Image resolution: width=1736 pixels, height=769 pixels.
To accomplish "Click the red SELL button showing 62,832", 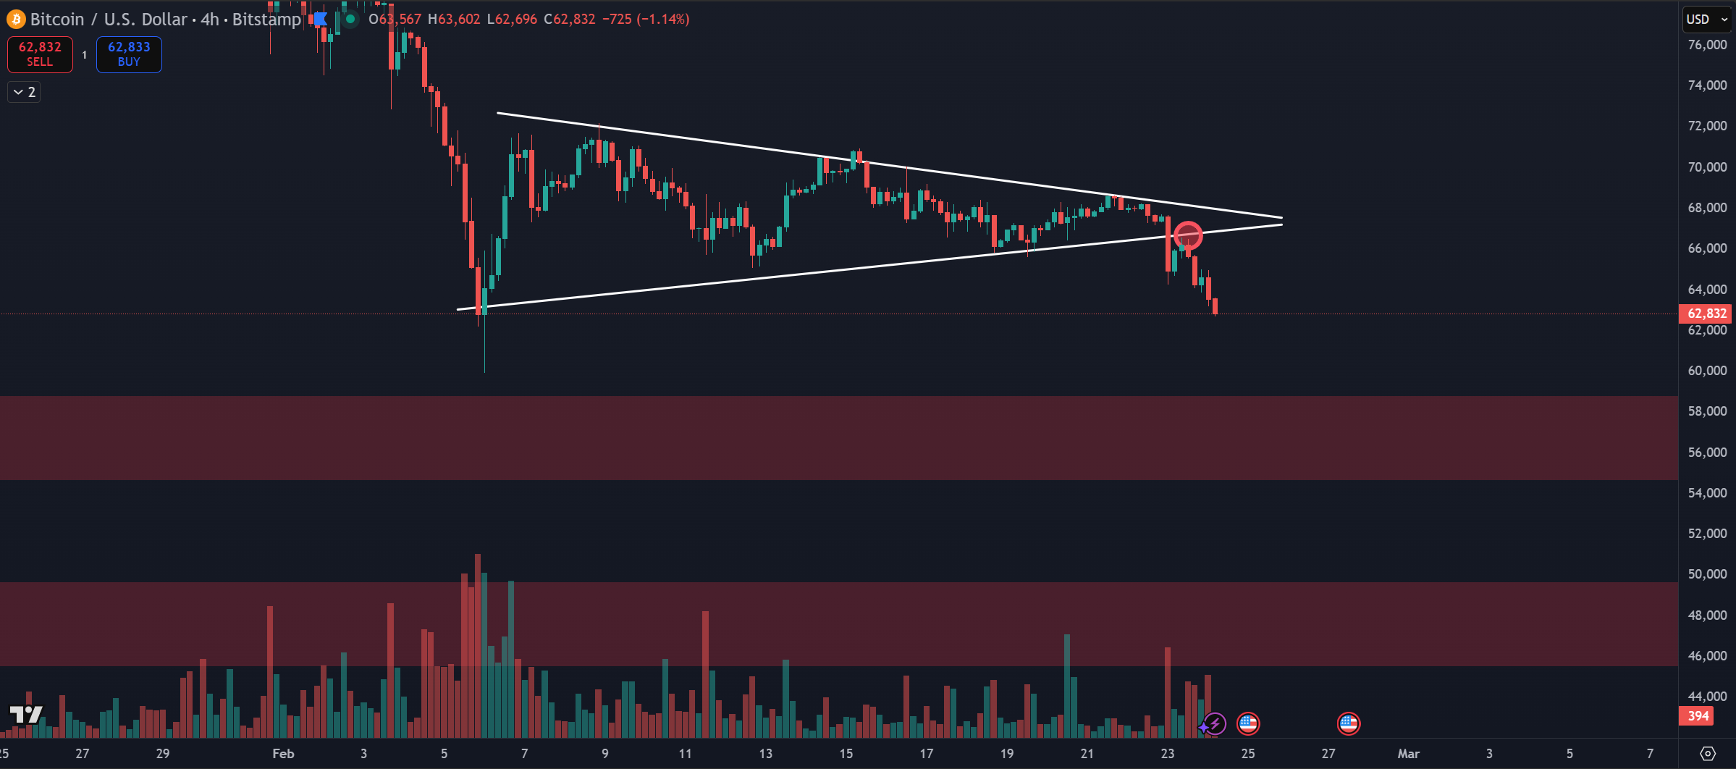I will point(40,54).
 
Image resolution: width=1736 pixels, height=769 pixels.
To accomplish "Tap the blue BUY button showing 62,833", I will point(129,54).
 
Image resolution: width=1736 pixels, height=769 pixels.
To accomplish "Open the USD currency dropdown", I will point(1706,20).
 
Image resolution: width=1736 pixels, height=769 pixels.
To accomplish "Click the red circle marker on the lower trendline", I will point(1188,235).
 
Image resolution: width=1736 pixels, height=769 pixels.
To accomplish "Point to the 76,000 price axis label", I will point(1706,45).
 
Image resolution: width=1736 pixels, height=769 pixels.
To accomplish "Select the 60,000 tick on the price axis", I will point(1706,371).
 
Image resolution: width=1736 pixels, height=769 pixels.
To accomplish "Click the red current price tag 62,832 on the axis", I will point(1706,314).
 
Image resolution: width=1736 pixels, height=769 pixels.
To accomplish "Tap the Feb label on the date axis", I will point(283,754).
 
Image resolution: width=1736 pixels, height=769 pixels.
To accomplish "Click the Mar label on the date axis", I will point(1408,754).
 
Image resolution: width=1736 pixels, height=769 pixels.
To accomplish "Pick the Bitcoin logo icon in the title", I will point(15,20).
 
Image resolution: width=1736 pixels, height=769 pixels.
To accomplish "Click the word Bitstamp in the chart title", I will point(266,20).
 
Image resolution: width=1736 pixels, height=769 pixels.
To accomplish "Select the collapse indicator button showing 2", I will point(24,92).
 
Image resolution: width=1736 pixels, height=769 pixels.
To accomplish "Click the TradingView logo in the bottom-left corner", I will point(25,715).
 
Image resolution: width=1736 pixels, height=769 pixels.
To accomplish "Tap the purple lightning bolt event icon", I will point(1215,723).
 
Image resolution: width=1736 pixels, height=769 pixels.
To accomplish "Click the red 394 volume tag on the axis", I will point(1698,716).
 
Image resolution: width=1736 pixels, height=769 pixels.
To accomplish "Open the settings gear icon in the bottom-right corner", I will point(1707,754).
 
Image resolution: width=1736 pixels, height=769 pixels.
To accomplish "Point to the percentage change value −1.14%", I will point(663,20).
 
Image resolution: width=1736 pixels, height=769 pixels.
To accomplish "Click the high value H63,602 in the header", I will point(454,20).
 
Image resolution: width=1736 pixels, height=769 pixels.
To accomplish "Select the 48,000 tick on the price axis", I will point(1706,615).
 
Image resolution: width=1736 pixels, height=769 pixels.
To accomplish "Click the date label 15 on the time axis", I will point(846,754).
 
